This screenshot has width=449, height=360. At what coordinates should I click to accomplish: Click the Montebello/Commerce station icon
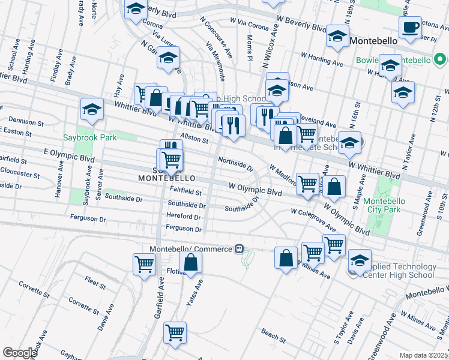[x=240, y=248]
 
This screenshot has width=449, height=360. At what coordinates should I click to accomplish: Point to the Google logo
[x=20, y=353]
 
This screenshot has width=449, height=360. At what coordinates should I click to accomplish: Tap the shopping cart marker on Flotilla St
[x=145, y=264]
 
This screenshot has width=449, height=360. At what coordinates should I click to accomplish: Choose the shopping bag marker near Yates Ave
[x=190, y=262]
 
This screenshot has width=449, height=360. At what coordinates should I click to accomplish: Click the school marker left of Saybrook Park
[x=92, y=110]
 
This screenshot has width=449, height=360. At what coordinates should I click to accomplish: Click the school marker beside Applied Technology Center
[x=360, y=260]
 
